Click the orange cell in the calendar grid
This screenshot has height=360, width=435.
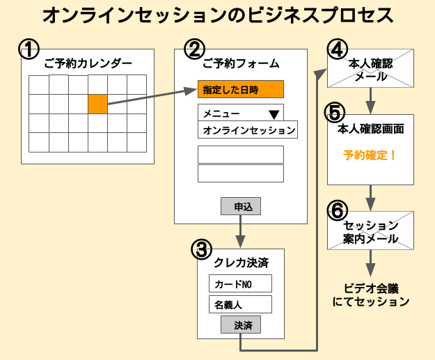coord(97,104)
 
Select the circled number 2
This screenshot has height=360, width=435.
coord(195,49)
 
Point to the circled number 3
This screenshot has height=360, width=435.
coord(200,248)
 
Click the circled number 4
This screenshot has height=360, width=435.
coord(336,49)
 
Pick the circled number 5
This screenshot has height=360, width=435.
coord(335,111)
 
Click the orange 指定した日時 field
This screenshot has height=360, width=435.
coord(241,89)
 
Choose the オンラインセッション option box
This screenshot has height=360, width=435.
coord(247,130)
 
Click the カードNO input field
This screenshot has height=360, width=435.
coord(240,284)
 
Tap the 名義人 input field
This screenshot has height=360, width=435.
coord(240,304)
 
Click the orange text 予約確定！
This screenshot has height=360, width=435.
coord(370,155)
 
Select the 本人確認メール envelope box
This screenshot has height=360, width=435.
coord(370,70)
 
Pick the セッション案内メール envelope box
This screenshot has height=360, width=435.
coord(370,232)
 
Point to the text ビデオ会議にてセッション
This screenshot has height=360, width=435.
coord(370,295)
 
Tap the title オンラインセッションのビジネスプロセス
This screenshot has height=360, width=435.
coord(217,15)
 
